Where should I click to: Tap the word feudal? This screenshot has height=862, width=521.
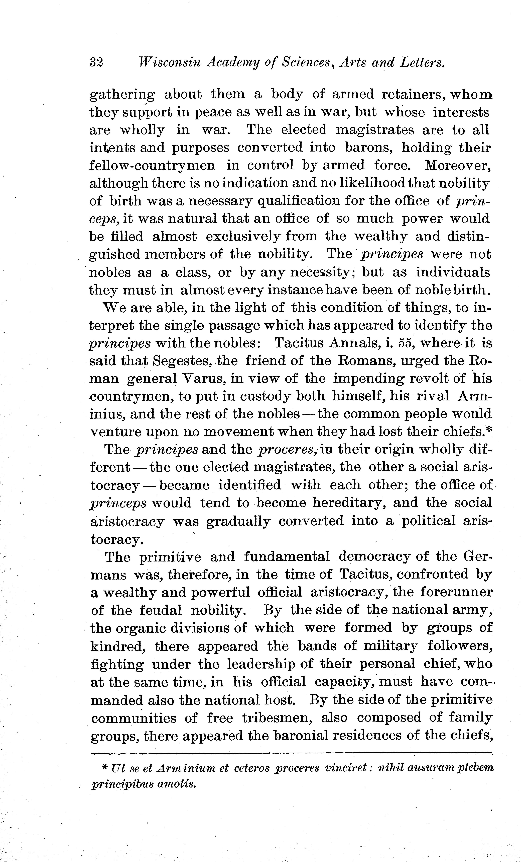click(161, 610)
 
